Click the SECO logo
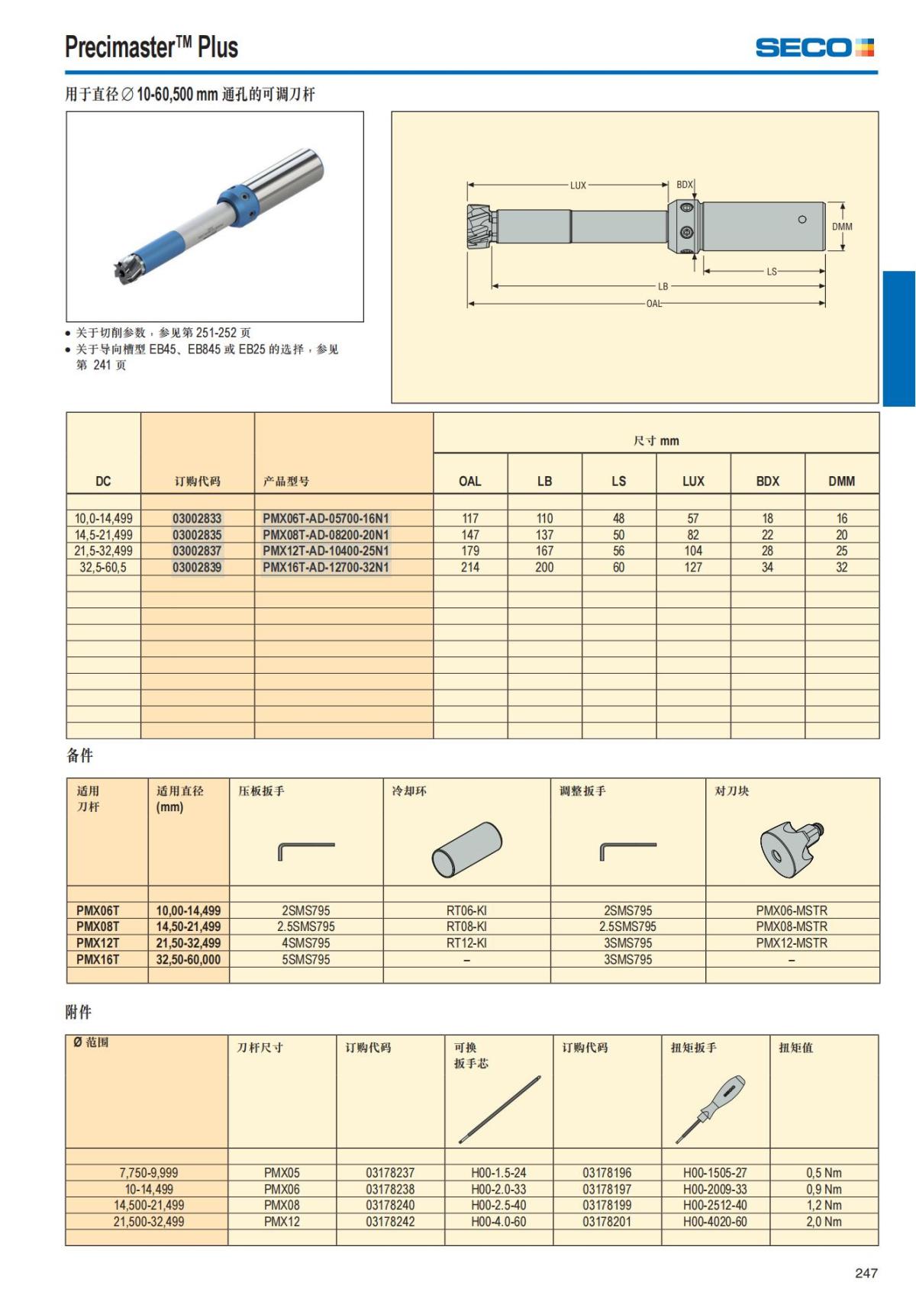tap(814, 47)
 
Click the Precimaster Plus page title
tap(151, 47)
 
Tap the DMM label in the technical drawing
tap(842, 227)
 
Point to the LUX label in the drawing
tap(578, 185)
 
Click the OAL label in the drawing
tap(654, 304)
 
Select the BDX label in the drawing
tap(684, 185)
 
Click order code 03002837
tap(197, 551)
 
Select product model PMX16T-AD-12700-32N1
tap(326, 567)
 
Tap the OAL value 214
tap(470, 567)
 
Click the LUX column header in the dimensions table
tap(693, 481)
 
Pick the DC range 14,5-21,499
tap(104, 535)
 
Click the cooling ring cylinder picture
tap(466, 849)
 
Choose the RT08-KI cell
tap(466, 926)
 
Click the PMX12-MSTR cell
tap(792, 942)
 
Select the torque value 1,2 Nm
tap(824, 1205)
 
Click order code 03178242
tap(390, 1221)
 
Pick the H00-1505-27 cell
tap(715, 1172)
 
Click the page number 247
tap(866, 1273)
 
